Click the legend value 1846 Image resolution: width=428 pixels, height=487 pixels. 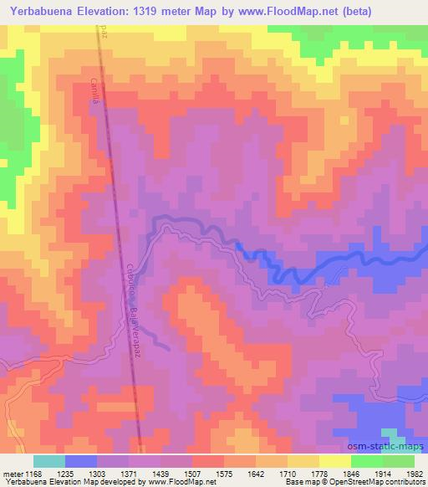pyautogui.click(x=351, y=473)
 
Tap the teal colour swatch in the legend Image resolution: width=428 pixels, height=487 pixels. pyautogui.click(x=48, y=461)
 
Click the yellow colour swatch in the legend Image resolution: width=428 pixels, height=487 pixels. pyautogui.click(x=335, y=461)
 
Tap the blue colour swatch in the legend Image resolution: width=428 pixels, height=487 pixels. pyautogui.click(x=80, y=461)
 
